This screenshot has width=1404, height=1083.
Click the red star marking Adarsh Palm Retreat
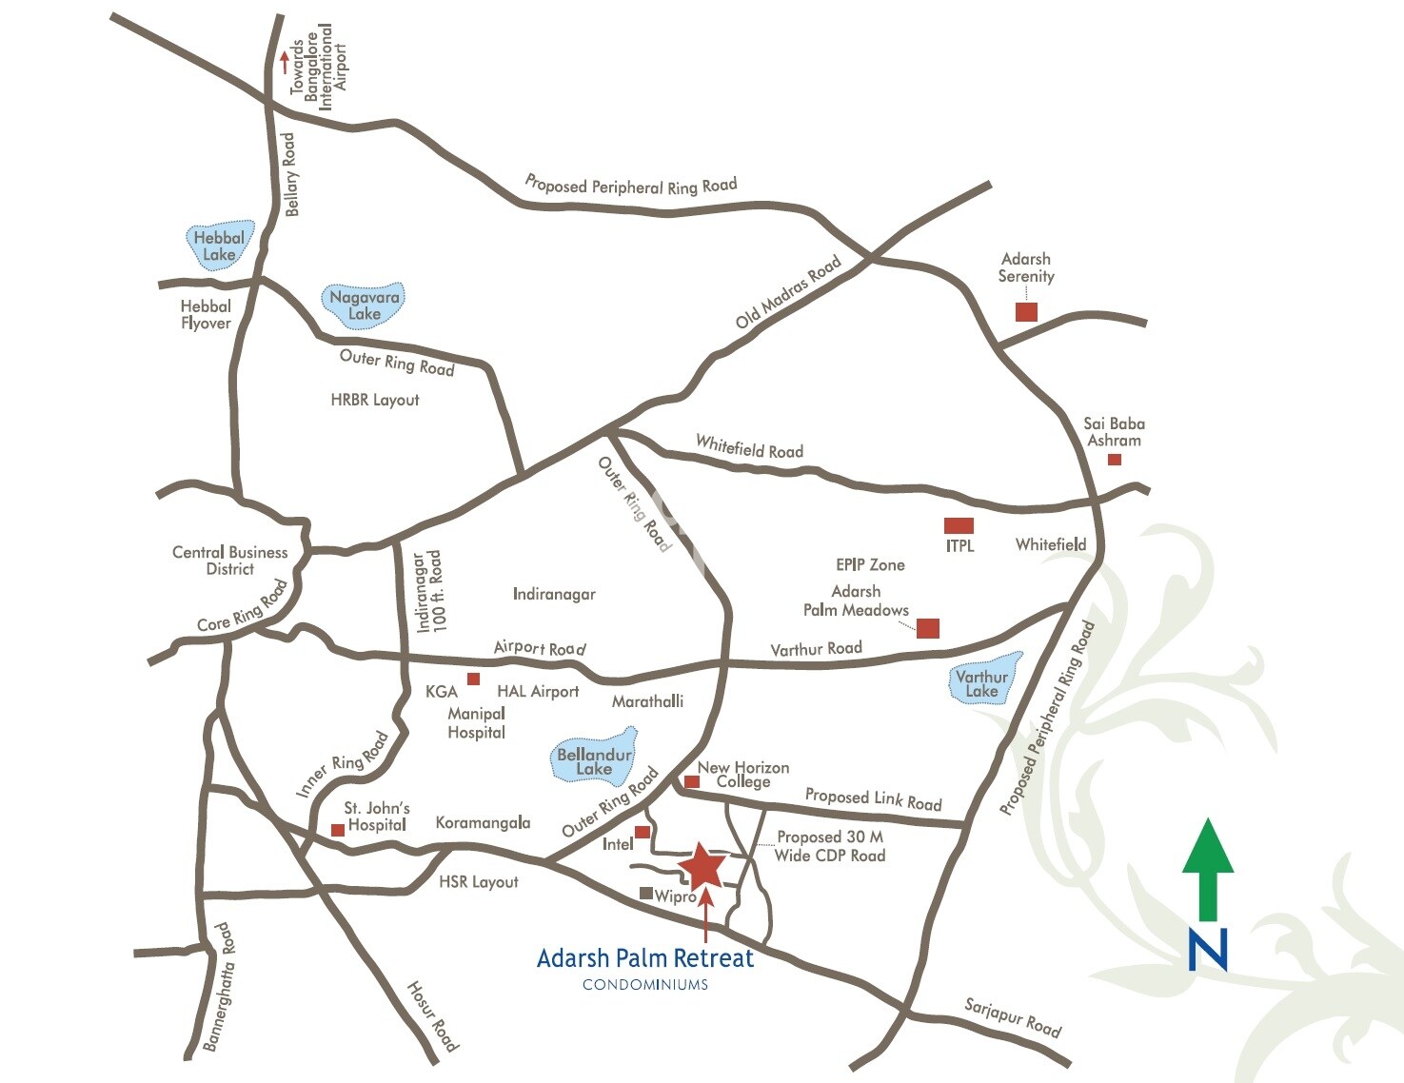(703, 865)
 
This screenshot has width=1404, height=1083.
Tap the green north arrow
(1208, 868)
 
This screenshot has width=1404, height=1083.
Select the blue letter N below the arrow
(1208, 949)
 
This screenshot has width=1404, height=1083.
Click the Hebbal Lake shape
(219, 246)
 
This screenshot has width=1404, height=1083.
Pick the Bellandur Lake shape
(594, 757)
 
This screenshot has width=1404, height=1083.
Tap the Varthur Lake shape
(983, 679)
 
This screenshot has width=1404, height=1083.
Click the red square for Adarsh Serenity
(1026, 311)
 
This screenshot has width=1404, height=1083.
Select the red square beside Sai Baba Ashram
(1115, 460)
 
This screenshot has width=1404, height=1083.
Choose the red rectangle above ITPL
(959, 525)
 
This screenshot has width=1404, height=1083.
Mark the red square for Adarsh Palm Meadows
(928, 627)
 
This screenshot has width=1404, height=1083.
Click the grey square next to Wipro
(646, 894)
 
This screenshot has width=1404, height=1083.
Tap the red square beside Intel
(643, 832)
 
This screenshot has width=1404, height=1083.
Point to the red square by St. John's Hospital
(338, 830)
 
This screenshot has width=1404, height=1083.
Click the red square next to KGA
(473, 679)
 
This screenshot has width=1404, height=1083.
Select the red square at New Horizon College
(692, 781)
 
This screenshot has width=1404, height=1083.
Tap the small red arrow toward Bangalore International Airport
(284, 62)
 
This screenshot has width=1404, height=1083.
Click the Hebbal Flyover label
(206, 315)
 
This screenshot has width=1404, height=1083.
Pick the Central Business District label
(229, 561)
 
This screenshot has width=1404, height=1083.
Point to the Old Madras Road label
(788, 291)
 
